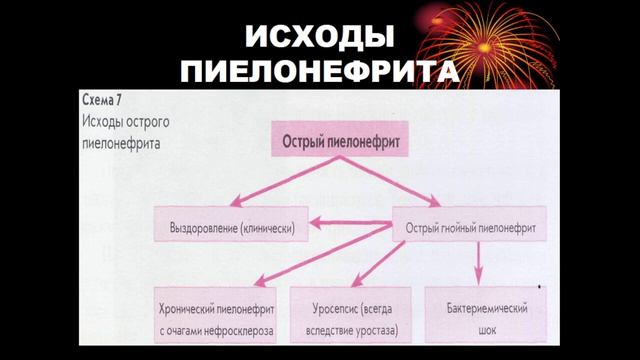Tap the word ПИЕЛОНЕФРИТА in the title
click(x=319, y=73)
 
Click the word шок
click(x=482, y=327)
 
